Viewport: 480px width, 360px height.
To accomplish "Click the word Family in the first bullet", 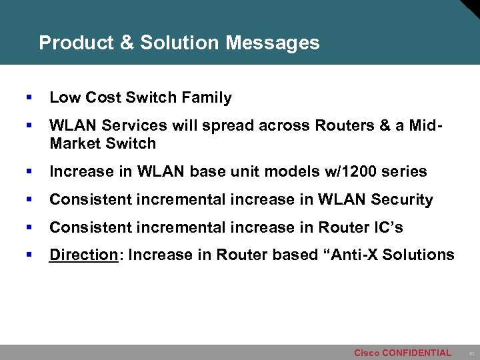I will [x=209, y=98].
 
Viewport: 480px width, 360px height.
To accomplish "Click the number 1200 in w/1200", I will [x=363, y=171].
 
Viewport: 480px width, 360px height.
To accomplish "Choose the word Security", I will [x=402, y=199].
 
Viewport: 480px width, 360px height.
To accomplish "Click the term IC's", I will [x=387, y=227].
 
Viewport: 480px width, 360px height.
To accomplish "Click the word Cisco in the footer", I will [x=366, y=353].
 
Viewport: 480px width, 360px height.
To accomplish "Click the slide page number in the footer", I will [x=471, y=353].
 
